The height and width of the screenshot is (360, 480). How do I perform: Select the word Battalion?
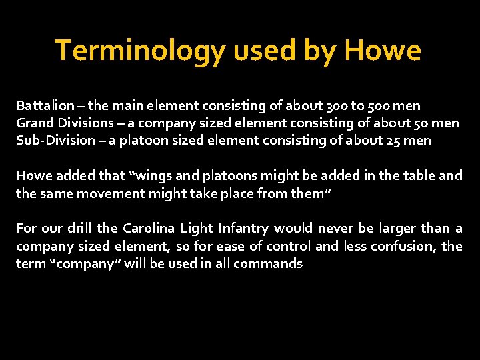[45, 106]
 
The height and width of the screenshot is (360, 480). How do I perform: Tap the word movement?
[106, 193]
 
